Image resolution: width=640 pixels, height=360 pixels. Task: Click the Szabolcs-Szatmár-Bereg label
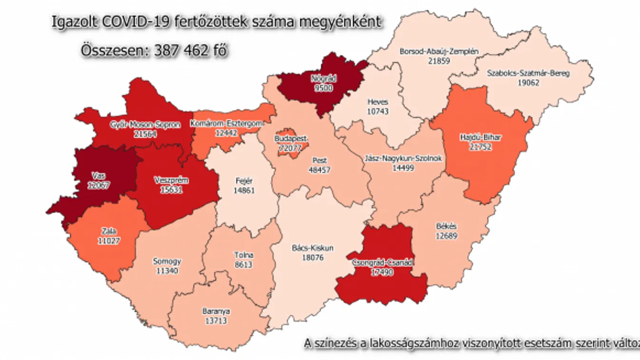click(528, 73)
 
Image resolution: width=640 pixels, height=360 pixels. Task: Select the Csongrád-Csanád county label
click(383, 263)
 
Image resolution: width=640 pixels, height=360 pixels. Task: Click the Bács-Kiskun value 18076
click(312, 256)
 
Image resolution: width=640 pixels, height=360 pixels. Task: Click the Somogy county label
click(167, 261)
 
